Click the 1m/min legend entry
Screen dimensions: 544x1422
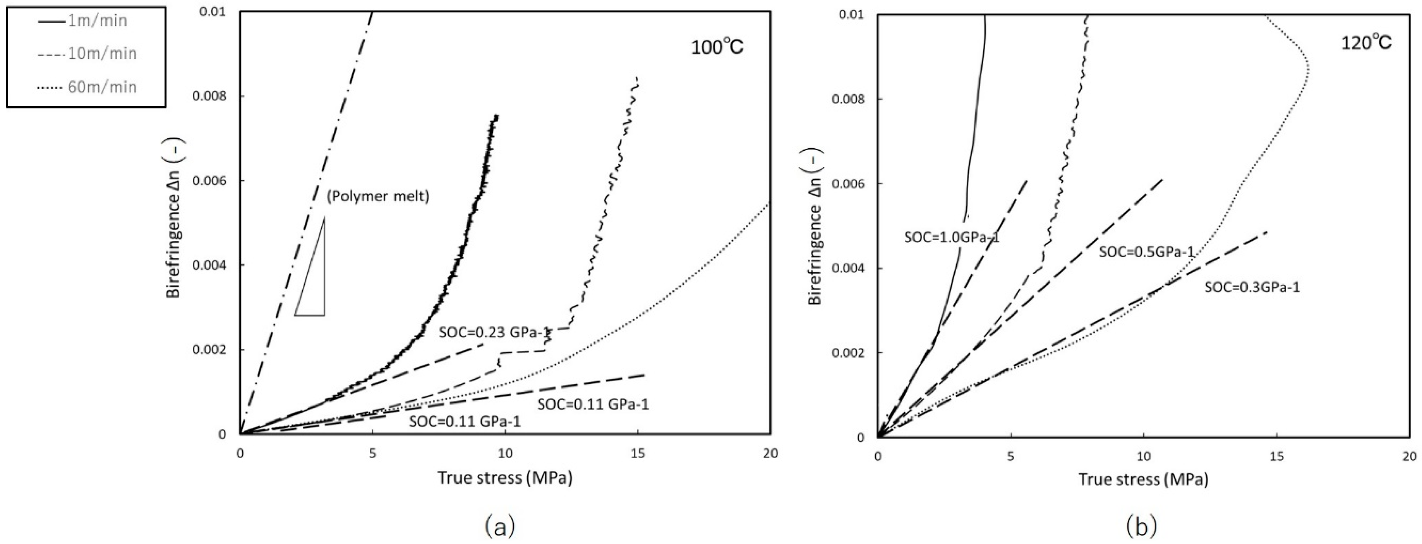pyautogui.click(x=83, y=21)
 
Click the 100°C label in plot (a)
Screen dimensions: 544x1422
pyautogui.click(x=717, y=47)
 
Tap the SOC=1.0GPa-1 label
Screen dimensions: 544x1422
pyautogui.click(x=952, y=238)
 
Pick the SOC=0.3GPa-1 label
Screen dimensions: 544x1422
pyautogui.click(x=1252, y=287)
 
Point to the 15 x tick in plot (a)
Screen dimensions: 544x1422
pyautogui.click(x=638, y=454)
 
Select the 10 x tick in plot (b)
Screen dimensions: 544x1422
pyautogui.click(x=1143, y=457)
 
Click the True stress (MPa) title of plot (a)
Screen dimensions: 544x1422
pyautogui.click(x=505, y=478)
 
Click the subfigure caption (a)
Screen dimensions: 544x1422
pyautogui.click(x=500, y=527)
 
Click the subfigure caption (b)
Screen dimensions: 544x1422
pyautogui.click(x=1141, y=527)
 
